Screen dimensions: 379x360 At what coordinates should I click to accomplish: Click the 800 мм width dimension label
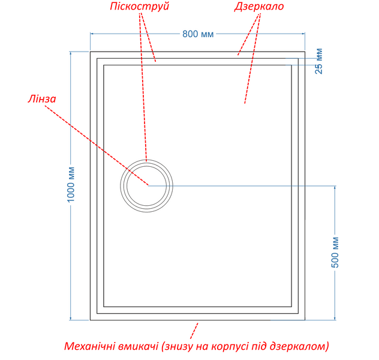[x=198, y=34]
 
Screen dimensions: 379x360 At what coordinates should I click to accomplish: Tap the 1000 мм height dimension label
[x=71, y=184]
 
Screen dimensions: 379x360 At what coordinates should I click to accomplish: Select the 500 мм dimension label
[x=335, y=252]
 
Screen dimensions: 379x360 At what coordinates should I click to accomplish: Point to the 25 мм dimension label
[x=319, y=61]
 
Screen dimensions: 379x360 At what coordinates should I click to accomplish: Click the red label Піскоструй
[x=140, y=6]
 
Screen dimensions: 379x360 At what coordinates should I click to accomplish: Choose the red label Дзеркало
[x=259, y=6]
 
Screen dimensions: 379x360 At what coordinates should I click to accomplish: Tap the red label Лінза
[x=42, y=98]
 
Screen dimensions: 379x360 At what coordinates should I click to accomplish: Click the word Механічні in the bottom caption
[x=90, y=346]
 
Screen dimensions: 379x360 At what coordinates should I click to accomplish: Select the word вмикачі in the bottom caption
[x=139, y=346]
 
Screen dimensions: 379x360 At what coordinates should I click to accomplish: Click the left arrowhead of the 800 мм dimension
[x=92, y=34]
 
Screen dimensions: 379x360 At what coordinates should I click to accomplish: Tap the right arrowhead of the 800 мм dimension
[x=303, y=34]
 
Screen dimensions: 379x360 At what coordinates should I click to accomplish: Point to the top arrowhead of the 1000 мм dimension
[x=71, y=53]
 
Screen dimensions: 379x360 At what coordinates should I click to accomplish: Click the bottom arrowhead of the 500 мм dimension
[x=335, y=318]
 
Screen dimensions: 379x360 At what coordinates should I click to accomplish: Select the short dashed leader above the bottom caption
[x=194, y=331]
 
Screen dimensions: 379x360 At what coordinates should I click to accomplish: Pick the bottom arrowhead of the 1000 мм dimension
[x=71, y=318]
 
